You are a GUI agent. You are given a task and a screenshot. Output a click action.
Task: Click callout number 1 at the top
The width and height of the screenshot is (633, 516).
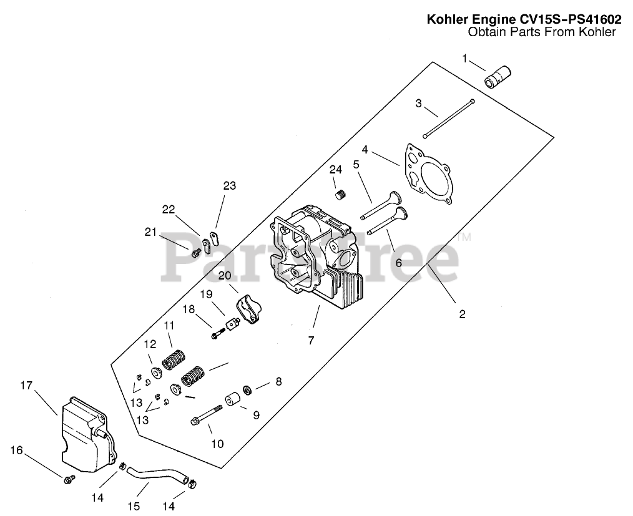pyautogui.click(x=464, y=59)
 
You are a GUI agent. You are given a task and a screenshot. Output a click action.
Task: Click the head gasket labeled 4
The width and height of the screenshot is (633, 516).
pyautogui.click(x=429, y=174)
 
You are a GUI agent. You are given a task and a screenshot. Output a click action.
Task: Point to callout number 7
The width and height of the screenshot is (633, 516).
pyautogui.click(x=311, y=340)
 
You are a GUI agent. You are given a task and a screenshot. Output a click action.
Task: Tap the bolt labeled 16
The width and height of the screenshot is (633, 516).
pyautogui.click(x=69, y=479)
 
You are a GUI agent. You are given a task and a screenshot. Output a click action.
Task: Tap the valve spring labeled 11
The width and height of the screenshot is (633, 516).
pyautogui.click(x=174, y=360)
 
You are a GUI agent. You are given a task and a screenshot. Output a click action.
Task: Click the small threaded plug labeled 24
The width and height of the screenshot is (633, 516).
pyautogui.click(x=341, y=195)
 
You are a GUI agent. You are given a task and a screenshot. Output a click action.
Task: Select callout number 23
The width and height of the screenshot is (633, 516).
pyautogui.click(x=230, y=185)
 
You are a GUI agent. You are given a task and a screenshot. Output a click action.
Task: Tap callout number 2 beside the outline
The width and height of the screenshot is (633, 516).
pyautogui.click(x=462, y=314)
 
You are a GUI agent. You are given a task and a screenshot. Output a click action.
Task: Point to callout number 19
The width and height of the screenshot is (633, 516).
pyautogui.click(x=207, y=294)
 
